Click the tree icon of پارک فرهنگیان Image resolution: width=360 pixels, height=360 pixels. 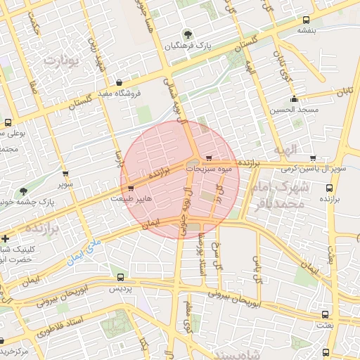pos(186,34)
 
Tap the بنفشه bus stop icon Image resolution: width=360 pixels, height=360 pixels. pos(304,20)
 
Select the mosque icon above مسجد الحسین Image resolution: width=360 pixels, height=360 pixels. pos(293,98)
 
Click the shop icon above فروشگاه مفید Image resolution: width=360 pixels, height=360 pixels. pos(119,82)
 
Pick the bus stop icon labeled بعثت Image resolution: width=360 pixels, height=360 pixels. pos(325,315)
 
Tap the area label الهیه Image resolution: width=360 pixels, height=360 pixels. pos(306,149)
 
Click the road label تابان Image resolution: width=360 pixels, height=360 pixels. pos(344,92)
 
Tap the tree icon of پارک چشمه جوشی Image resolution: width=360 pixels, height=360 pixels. pos(23,191)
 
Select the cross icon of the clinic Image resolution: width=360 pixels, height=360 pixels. pos(6,238)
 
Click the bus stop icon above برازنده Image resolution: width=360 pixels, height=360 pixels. pos(329,188)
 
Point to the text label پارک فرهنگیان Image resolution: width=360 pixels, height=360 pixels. pos(188,46)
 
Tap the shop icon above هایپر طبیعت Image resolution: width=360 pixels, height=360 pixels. pos(131,188)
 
